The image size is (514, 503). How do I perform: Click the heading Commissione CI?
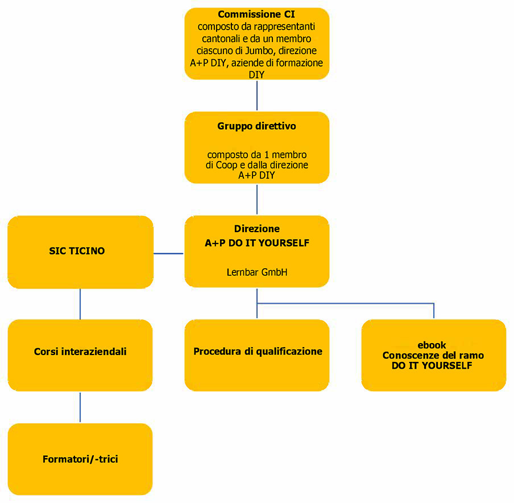point(257,15)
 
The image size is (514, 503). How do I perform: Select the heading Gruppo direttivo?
point(257,126)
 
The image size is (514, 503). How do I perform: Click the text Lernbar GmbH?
point(257,273)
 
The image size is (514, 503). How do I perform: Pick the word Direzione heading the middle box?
point(257,229)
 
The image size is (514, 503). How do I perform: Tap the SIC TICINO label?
point(77,250)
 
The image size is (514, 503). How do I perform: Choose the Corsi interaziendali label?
point(80,352)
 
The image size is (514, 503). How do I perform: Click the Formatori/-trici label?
point(80,459)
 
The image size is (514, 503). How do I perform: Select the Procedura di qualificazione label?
point(258,352)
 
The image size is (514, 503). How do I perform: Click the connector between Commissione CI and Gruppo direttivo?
point(257,95)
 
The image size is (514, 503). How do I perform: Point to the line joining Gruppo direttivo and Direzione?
point(257,199)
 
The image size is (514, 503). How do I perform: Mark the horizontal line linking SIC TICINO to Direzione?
point(169,253)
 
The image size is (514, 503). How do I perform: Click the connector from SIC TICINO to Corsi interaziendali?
point(80,304)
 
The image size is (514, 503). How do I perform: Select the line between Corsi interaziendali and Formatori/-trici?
point(80,407)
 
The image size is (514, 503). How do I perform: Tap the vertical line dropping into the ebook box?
point(434,311)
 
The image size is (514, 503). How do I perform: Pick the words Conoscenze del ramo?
point(433,356)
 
